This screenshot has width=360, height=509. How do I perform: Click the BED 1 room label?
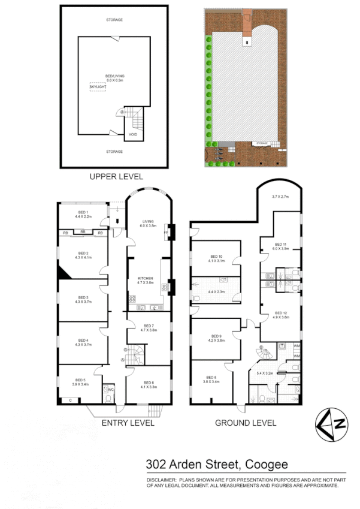(x=82, y=212)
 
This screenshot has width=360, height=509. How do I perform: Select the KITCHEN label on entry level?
(x=146, y=278)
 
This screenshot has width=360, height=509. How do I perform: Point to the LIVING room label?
(x=147, y=221)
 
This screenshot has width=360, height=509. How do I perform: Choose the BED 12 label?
(x=282, y=313)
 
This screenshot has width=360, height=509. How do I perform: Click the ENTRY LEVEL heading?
(x=128, y=423)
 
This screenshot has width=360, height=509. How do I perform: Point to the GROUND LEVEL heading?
(x=246, y=423)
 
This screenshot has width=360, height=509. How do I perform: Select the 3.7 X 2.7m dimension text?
(x=280, y=197)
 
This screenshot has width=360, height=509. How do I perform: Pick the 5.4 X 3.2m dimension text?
(x=264, y=372)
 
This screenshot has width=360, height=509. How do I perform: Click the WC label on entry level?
(x=110, y=389)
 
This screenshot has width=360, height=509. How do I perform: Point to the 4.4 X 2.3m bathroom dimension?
(x=216, y=291)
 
